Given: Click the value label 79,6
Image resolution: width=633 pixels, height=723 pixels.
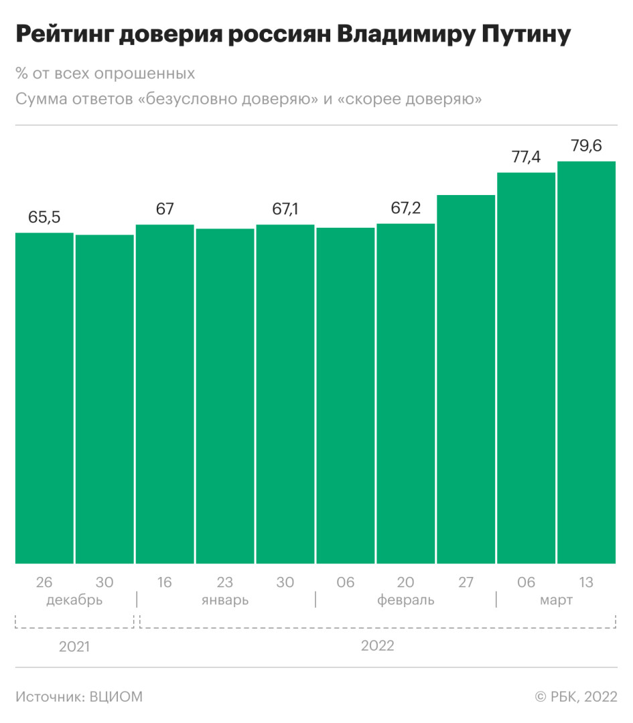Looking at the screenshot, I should (x=586, y=145).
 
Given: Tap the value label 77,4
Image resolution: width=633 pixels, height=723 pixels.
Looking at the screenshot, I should (x=526, y=157).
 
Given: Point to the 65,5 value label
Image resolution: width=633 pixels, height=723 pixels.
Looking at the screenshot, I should (x=44, y=217).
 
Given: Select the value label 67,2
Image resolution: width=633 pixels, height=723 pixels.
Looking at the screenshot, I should (x=406, y=208).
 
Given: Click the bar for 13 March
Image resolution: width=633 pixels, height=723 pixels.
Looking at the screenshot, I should (x=586, y=362).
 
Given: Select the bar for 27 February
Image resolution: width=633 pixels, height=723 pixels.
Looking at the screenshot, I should (x=466, y=379).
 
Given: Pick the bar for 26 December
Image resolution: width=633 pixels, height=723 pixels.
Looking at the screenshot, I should (x=44, y=398).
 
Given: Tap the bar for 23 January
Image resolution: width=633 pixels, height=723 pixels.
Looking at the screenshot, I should (x=225, y=396).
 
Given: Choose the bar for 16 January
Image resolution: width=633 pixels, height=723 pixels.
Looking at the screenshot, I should (x=165, y=394).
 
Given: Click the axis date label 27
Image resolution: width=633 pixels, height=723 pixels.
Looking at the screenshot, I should (x=466, y=582).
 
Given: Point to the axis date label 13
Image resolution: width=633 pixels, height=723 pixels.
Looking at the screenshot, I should (x=586, y=582).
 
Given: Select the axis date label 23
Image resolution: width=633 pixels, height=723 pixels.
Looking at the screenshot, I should (x=225, y=582).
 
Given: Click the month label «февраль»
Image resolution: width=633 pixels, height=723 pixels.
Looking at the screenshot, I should (x=405, y=600).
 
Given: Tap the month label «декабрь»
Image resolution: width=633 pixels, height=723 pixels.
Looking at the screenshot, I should (x=74, y=600).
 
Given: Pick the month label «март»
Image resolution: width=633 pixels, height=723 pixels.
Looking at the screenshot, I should (x=556, y=600).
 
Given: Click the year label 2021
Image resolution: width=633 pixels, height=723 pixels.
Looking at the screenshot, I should (x=74, y=647).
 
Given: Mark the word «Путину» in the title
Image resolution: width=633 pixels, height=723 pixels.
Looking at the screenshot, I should (x=517, y=36).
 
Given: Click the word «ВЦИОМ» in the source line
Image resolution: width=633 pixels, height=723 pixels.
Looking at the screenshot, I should (x=116, y=697).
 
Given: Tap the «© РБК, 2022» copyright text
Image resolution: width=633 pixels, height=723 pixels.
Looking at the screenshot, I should (x=575, y=697).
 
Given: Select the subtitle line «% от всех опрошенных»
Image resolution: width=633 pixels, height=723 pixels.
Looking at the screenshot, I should (x=105, y=74).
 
